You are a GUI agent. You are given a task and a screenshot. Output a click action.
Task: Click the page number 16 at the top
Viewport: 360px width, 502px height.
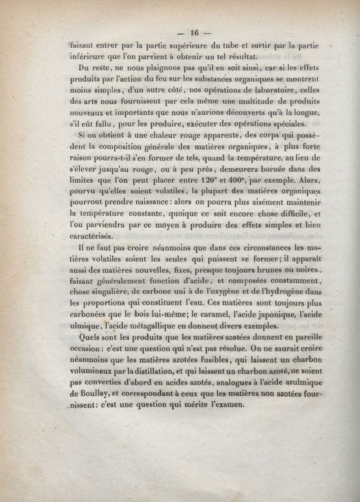194,32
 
